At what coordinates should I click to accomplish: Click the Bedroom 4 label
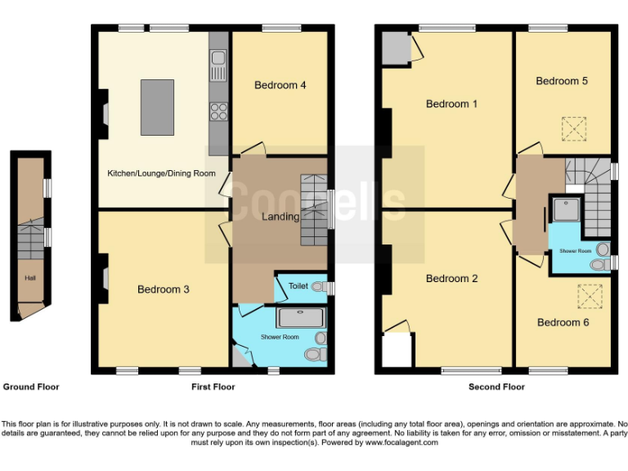280,85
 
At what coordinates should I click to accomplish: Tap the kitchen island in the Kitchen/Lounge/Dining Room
157,106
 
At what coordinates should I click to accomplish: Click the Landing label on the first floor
280,217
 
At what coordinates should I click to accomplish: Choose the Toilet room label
298,287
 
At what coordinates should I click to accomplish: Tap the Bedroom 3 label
163,289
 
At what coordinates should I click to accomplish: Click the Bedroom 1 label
451,104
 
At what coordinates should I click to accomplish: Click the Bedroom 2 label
451,279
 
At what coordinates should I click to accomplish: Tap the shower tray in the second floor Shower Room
566,209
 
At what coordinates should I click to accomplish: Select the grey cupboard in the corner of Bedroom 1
396,48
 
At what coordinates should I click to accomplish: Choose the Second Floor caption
496,387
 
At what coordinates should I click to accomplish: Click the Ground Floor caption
31,387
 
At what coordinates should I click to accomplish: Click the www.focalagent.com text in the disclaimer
401,442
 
